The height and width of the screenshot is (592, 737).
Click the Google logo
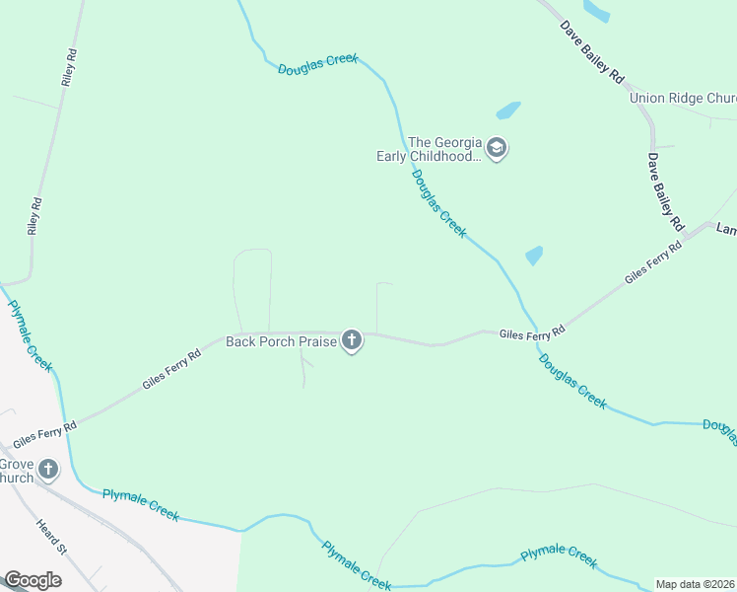click(33, 580)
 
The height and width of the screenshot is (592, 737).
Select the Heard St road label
click(50, 537)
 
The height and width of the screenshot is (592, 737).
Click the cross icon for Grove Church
click(48, 470)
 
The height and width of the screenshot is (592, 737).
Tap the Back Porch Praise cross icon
click(352, 341)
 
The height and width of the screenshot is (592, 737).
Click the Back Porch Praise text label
click(281, 341)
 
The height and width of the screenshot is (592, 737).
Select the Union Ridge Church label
click(683, 98)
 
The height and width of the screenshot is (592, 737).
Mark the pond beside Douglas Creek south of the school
click(534, 256)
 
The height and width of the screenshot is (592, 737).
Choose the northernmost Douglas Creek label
click(317, 64)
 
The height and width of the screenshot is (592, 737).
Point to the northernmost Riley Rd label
click(69, 67)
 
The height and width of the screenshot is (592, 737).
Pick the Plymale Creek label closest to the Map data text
click(559, 555)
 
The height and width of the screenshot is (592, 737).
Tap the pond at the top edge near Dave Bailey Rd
click(596, 9)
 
